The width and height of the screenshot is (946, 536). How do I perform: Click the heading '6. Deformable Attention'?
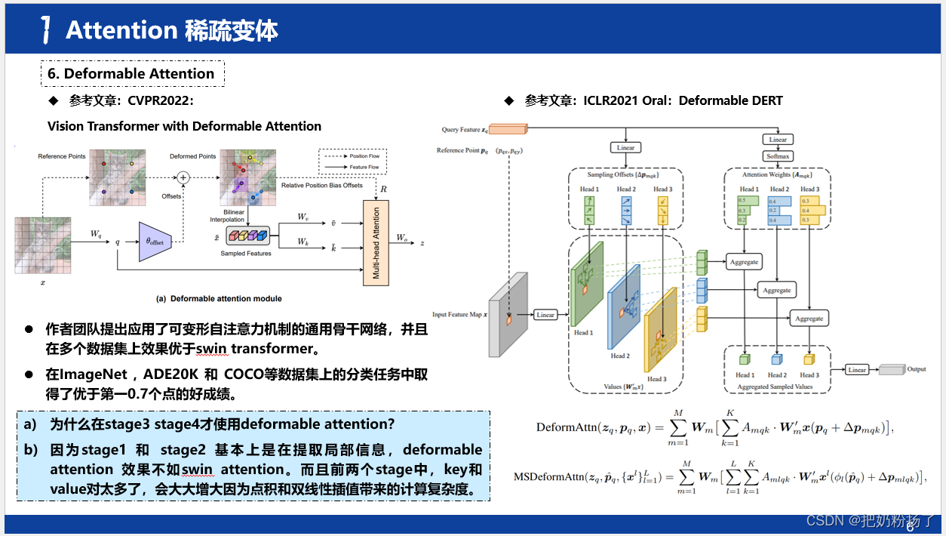pos(132,73)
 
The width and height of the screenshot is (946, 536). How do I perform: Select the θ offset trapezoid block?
pos(156,242)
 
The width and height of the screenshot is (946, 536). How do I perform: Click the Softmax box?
pos(778,157)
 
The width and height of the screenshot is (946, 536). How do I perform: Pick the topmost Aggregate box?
pos(744,262)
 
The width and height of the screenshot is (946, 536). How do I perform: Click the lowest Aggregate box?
pos(809,318)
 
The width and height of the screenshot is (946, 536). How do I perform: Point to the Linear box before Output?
pos(856,370)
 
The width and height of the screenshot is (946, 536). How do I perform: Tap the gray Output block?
pos(891,370)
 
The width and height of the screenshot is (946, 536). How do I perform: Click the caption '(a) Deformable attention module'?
pos(219,298)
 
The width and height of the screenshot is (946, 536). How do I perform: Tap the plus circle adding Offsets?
pos(183,177)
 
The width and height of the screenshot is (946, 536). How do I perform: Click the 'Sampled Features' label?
pos(246,254)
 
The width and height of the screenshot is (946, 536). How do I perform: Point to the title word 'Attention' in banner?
pos(121,30)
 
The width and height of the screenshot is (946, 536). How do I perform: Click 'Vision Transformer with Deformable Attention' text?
pos(184,126)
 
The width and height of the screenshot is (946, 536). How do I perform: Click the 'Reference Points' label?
pos(62,156)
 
